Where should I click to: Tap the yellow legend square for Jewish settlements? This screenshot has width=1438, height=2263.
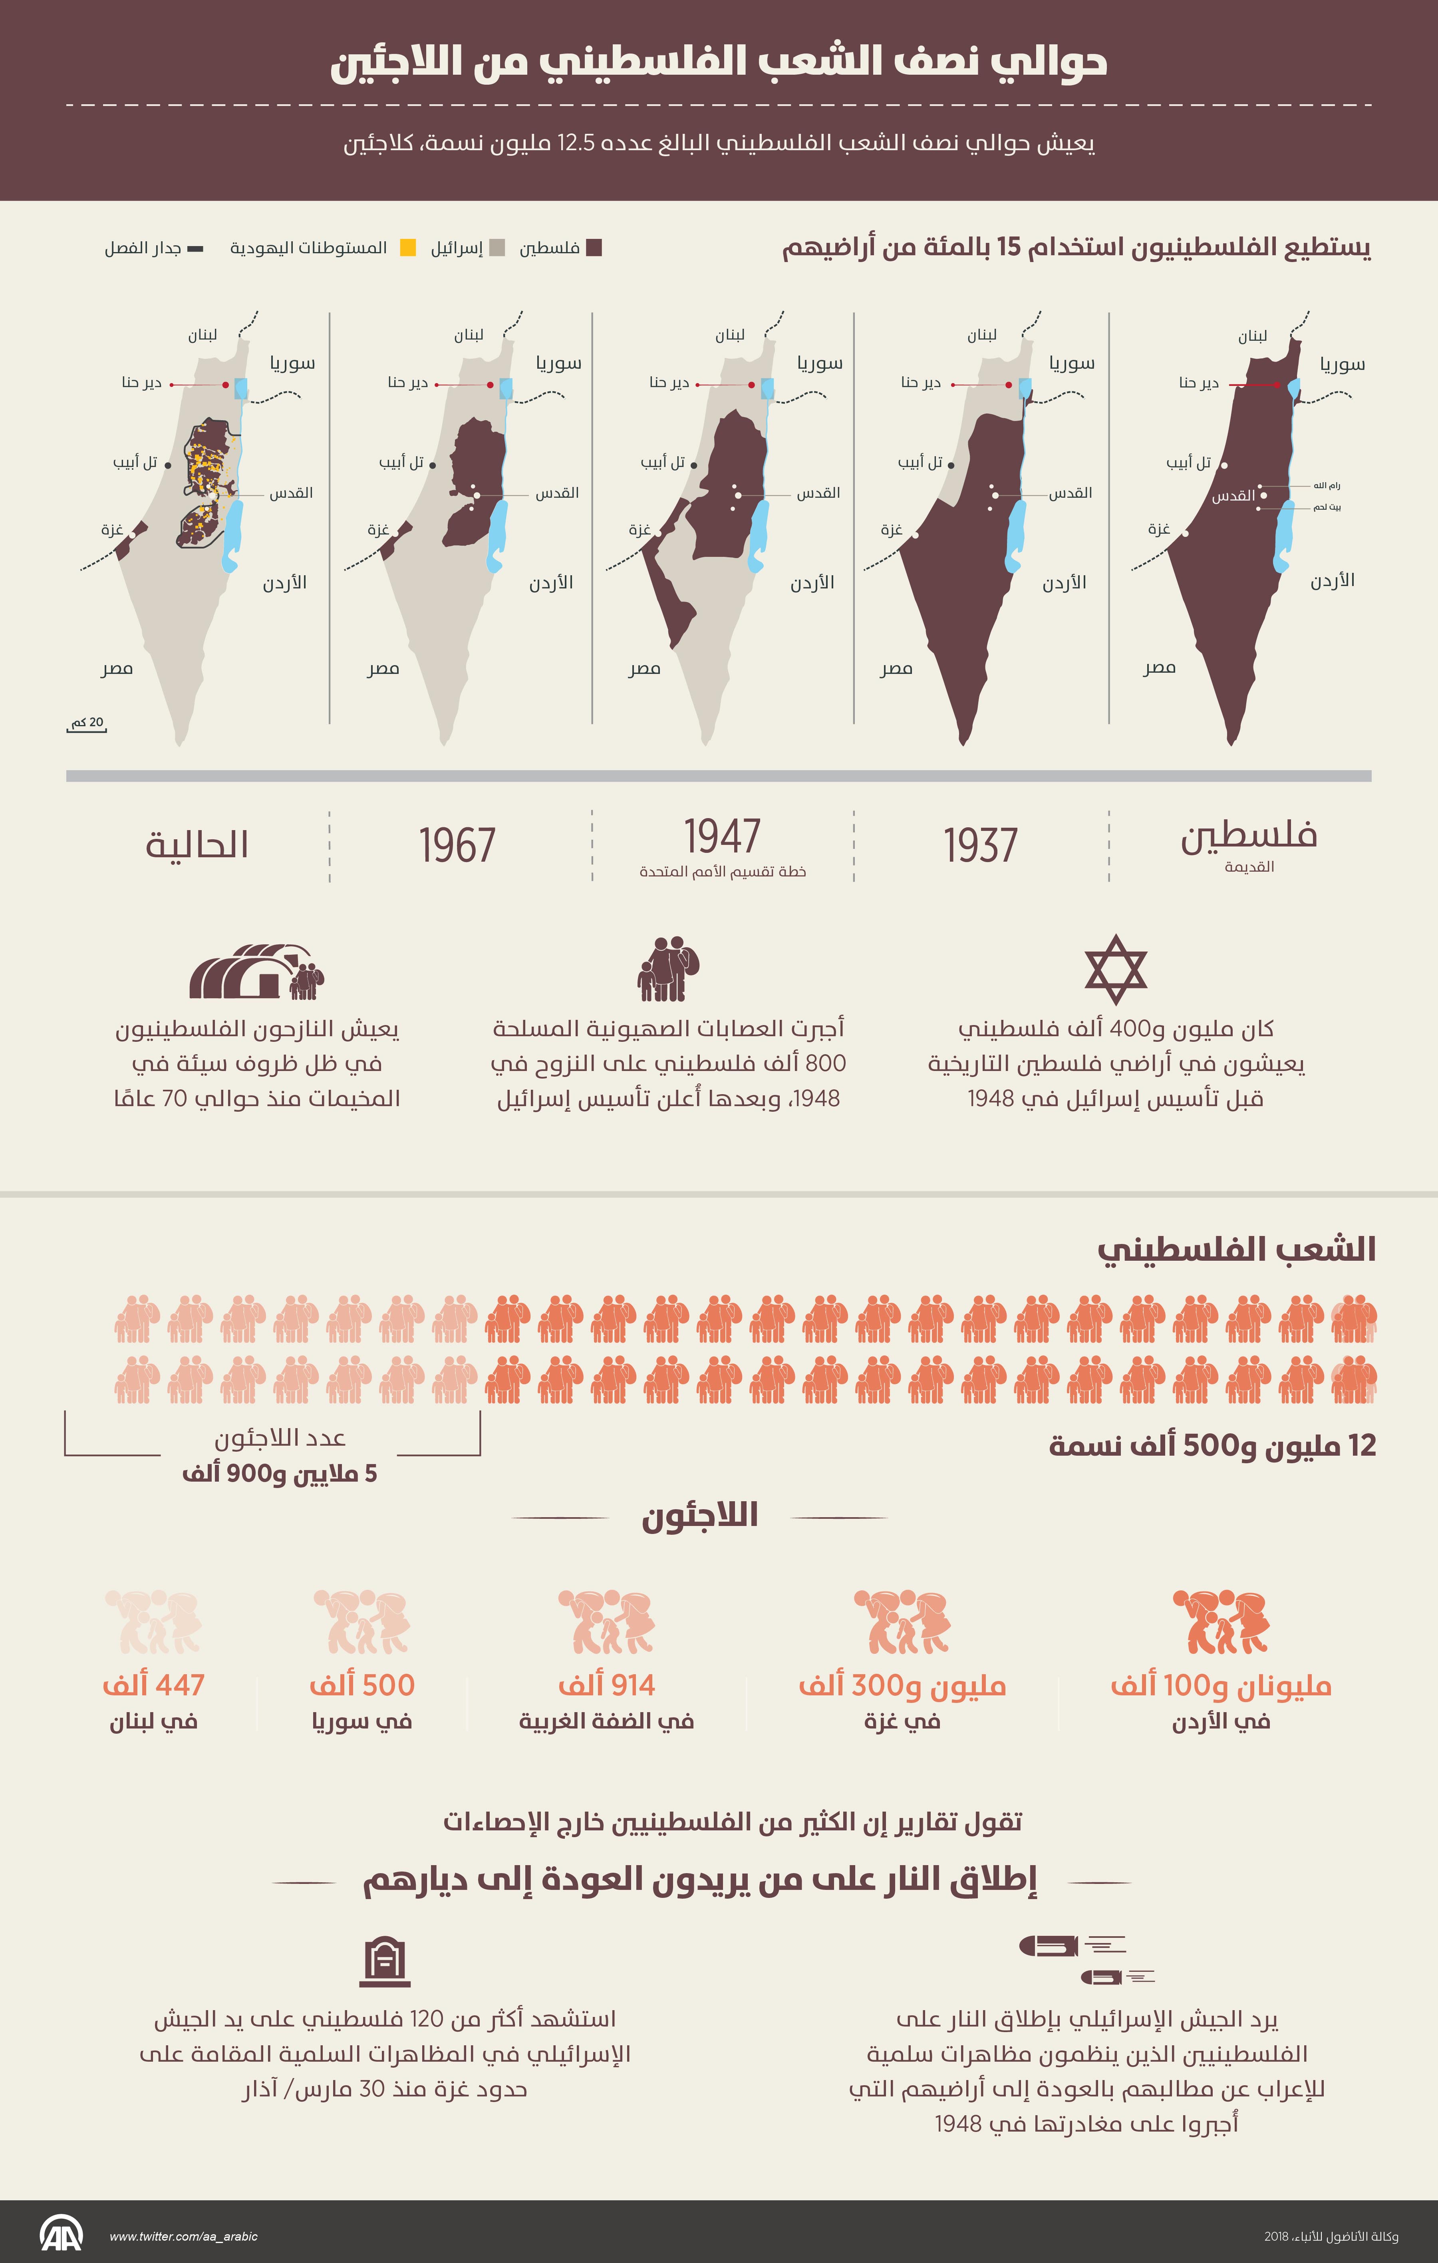[408, 248]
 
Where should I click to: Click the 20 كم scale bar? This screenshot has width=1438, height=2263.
[87, 725]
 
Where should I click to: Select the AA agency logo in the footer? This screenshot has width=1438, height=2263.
[61, 2235]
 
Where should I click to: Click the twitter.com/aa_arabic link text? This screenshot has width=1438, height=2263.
[183, 2236]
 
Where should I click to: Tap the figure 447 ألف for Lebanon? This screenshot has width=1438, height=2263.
[153, 1685]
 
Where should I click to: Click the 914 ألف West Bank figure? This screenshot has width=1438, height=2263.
[606, 1685]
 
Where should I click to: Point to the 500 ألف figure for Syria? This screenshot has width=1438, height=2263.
[362, 1685]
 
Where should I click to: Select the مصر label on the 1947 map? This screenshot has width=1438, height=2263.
[645, 668]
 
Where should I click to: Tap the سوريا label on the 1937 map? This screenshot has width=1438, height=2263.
[1071, 363]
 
